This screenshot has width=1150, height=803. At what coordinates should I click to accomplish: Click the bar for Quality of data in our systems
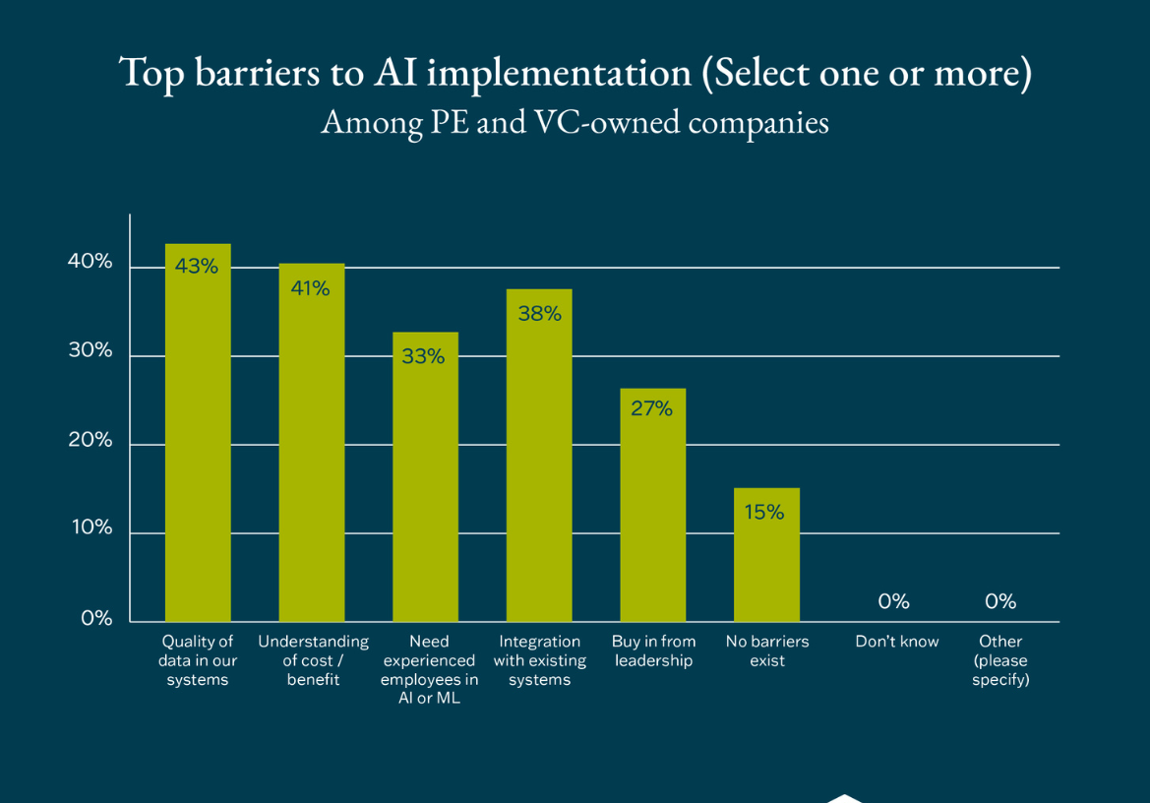click(198, 443)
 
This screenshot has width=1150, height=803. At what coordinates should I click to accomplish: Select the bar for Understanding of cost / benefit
click(312, 453)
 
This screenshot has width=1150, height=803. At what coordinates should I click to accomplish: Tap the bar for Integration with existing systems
click(539, 463)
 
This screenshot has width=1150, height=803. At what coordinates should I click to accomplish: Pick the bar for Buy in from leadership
click(653, 512)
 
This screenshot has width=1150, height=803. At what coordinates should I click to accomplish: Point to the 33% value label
click(424, 356)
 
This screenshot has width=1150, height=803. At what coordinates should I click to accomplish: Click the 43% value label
click(197, 266)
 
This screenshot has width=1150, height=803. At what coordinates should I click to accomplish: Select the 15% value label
click(764, 512)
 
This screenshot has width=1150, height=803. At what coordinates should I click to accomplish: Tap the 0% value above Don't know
click(893, 601)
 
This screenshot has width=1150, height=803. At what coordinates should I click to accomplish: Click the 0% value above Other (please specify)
click(1000, 601)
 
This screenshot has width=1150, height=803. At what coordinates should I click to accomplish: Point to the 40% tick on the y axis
click(91, 262)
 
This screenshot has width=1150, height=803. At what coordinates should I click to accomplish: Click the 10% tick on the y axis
click(91, 527)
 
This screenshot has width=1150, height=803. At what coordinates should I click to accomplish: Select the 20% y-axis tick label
click(91, 440)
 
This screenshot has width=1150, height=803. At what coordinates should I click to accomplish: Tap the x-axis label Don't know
click(897, 642)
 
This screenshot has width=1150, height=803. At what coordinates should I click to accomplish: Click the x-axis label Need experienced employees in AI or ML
click(429, 669)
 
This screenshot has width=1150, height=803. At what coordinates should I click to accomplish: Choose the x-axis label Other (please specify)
click(1000, 660)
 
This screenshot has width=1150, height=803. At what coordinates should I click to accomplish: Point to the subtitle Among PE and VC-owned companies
click(575, 123)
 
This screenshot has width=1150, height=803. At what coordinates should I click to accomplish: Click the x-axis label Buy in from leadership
click(653, 650)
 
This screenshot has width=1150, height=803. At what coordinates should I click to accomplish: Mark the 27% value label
click(651, 408)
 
